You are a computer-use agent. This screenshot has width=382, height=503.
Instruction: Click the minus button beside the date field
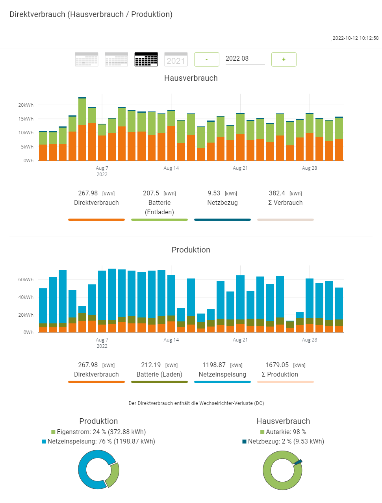207,59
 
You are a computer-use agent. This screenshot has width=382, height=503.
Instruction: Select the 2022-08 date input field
245,59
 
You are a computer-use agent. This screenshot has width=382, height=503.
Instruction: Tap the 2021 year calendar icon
176,59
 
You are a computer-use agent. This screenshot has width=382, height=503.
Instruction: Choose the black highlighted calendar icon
146,59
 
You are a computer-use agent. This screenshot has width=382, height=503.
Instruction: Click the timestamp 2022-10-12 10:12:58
355,38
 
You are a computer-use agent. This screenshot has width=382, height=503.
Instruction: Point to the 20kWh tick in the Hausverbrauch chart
26,105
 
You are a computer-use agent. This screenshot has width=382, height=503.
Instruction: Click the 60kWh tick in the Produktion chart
26,280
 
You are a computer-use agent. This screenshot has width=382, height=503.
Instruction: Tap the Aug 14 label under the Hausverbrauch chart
171,168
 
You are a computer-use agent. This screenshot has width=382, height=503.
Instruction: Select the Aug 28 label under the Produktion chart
310,340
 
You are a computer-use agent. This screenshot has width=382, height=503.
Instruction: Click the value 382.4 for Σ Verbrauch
277,193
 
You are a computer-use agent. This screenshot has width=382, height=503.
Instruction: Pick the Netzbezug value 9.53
214,193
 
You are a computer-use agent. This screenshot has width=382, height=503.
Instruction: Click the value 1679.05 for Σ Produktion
277,365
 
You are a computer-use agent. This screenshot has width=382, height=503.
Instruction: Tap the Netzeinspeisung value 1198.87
214,365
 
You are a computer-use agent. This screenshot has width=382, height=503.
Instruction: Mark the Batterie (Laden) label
159,375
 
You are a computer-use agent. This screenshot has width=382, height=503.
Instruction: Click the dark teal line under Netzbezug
223,220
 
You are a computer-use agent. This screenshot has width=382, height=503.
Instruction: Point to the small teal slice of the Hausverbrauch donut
298,462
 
